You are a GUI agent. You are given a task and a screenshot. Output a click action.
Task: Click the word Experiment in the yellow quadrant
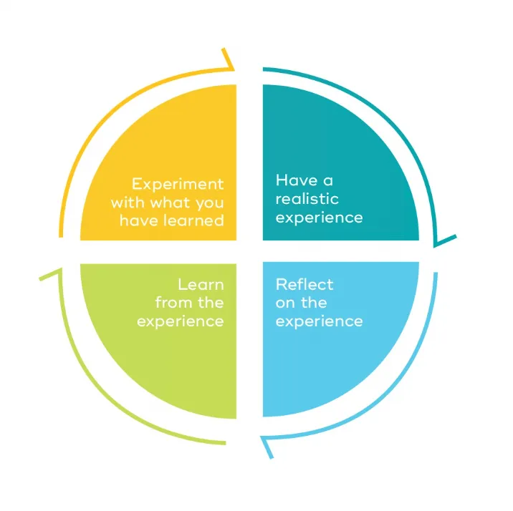(x=178, y=185)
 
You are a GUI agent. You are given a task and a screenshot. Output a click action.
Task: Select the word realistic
(x=307, y=198)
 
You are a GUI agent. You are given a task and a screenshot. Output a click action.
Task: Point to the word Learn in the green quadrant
(x=201, y=285)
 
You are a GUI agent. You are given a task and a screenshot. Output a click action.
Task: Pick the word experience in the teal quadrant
(x=319, y=217)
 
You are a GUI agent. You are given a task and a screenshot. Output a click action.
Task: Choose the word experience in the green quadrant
(x=181, y=321)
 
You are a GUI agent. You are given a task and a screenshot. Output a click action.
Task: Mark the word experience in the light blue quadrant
(x=319, y=321)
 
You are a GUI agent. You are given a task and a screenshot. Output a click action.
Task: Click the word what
(x=171, y=203)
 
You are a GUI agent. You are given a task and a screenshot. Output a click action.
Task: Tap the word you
(x=208, y=203)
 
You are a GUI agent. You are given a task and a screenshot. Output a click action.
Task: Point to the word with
(x=126, y=203)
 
